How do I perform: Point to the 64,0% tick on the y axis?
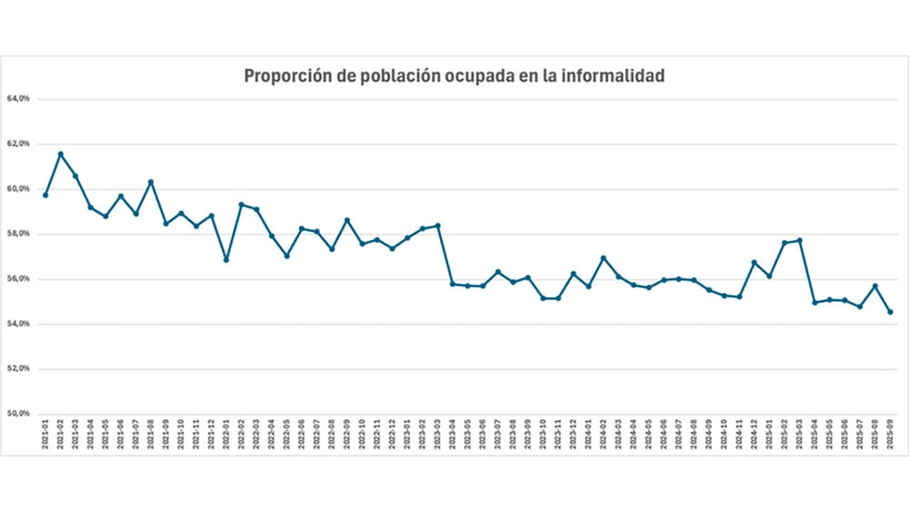coord(19,98)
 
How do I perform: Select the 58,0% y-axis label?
coord(19,234)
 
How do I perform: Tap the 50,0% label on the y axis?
coord(19,414)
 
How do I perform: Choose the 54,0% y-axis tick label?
coord(19,324)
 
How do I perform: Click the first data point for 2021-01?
coord(45,195)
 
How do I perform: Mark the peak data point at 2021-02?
coord(61,154)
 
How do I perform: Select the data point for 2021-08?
coord(151,182)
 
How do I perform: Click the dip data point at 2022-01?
coord(226,259)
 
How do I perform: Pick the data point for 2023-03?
coord(438,226)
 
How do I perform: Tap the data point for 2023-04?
coord(453,284)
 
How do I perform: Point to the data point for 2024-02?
coord(604,258)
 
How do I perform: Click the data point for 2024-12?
coord(754,262)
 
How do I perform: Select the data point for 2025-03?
coord(799,240)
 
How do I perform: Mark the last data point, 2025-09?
coord(890,312)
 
